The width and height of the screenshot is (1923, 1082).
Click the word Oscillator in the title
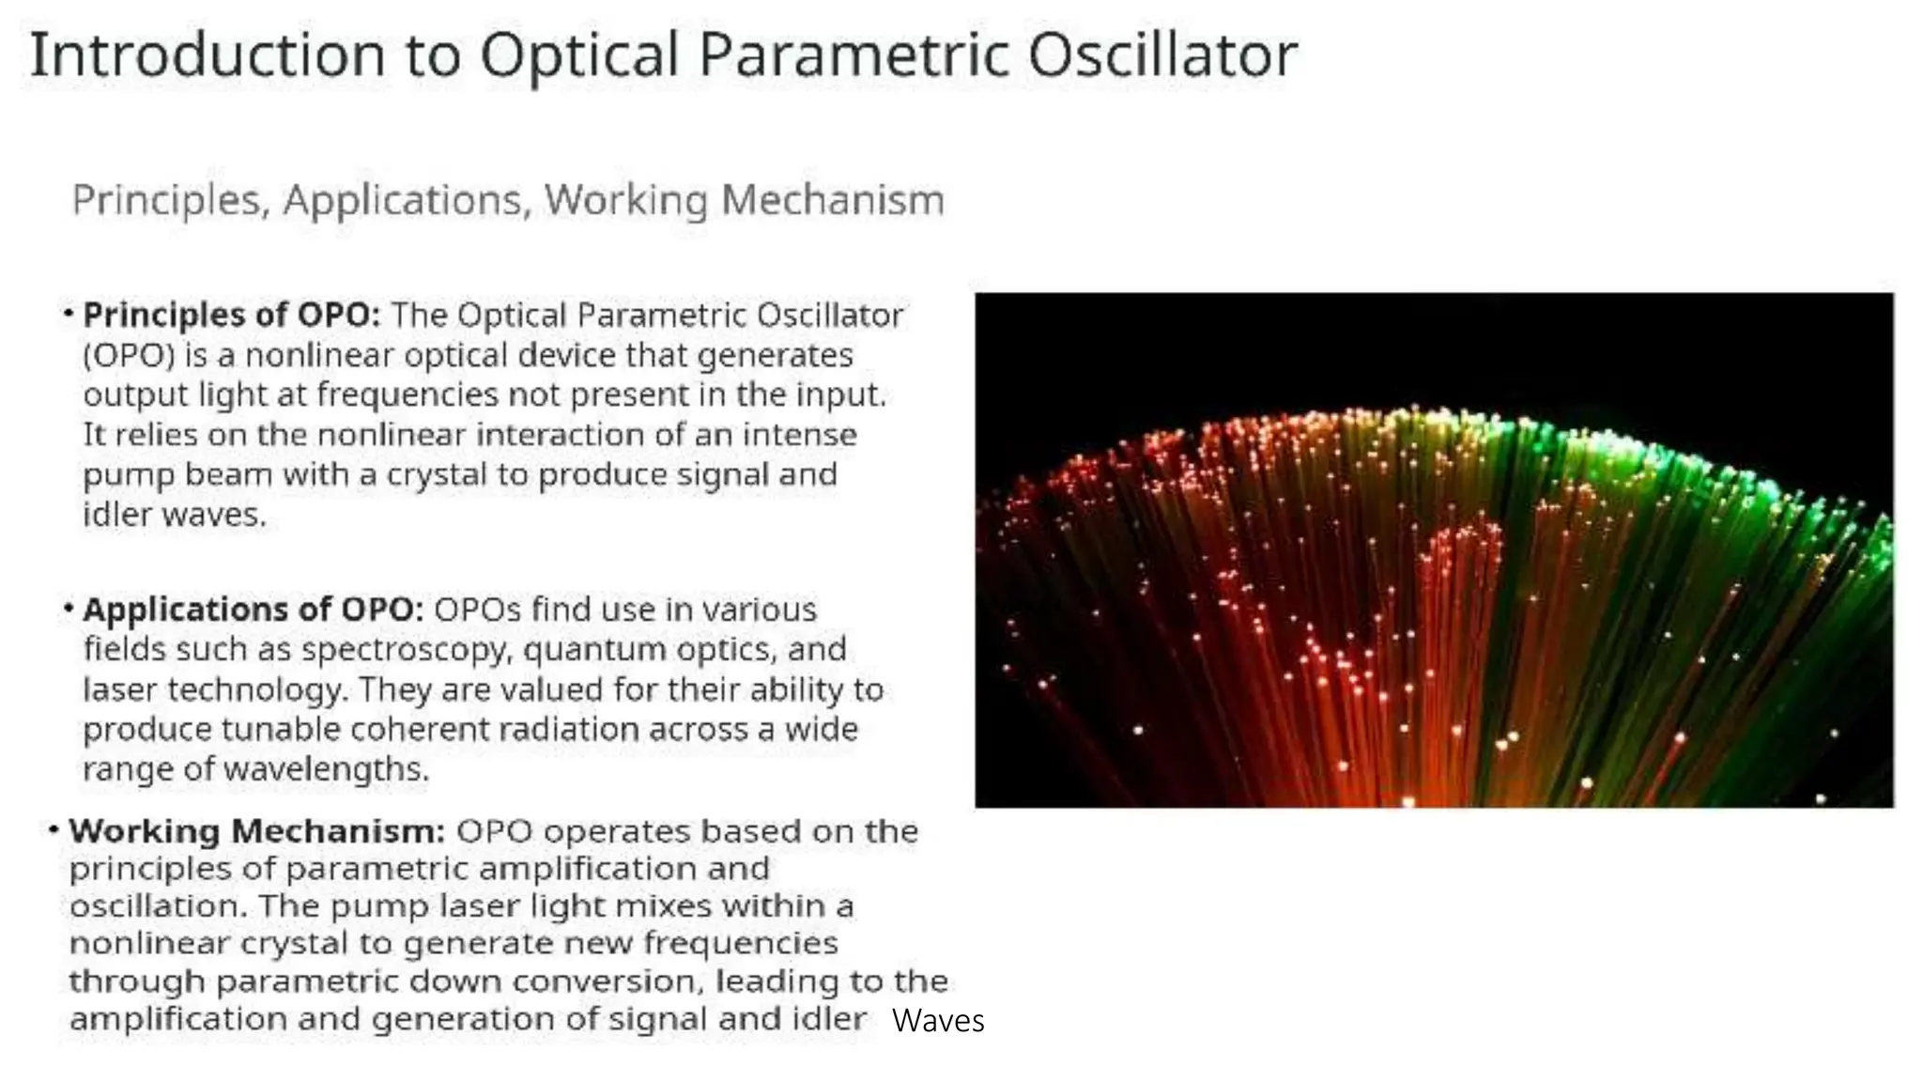(x=1161, y=54)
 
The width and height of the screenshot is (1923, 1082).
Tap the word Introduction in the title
(x=208, y=54)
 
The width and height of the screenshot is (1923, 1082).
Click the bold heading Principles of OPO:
(x=232, y=315)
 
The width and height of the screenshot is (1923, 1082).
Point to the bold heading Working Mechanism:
(x=256, y=831)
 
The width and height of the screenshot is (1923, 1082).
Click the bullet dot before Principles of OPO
(x=69, y=313)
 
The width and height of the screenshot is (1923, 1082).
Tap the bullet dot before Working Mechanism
(x=54, y=829)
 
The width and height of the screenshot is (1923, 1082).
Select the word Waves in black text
(x=938, y=1021)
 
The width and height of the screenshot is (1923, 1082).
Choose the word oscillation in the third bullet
(x=158, y=906)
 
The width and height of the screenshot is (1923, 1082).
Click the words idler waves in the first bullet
(x=175, y=515)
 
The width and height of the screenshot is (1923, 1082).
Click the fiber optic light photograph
(x=1434, y=549)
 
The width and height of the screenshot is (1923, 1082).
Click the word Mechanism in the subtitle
(x=832, y=200)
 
